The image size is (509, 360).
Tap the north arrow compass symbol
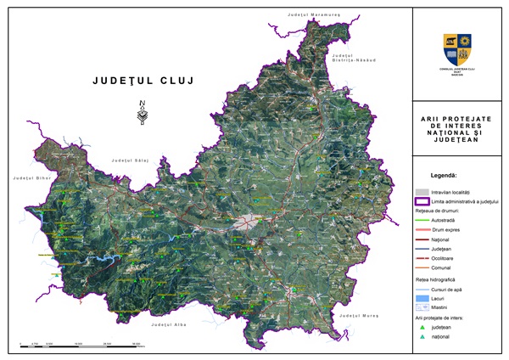142,113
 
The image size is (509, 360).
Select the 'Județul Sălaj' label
130,160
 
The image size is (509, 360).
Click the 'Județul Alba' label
166,324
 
